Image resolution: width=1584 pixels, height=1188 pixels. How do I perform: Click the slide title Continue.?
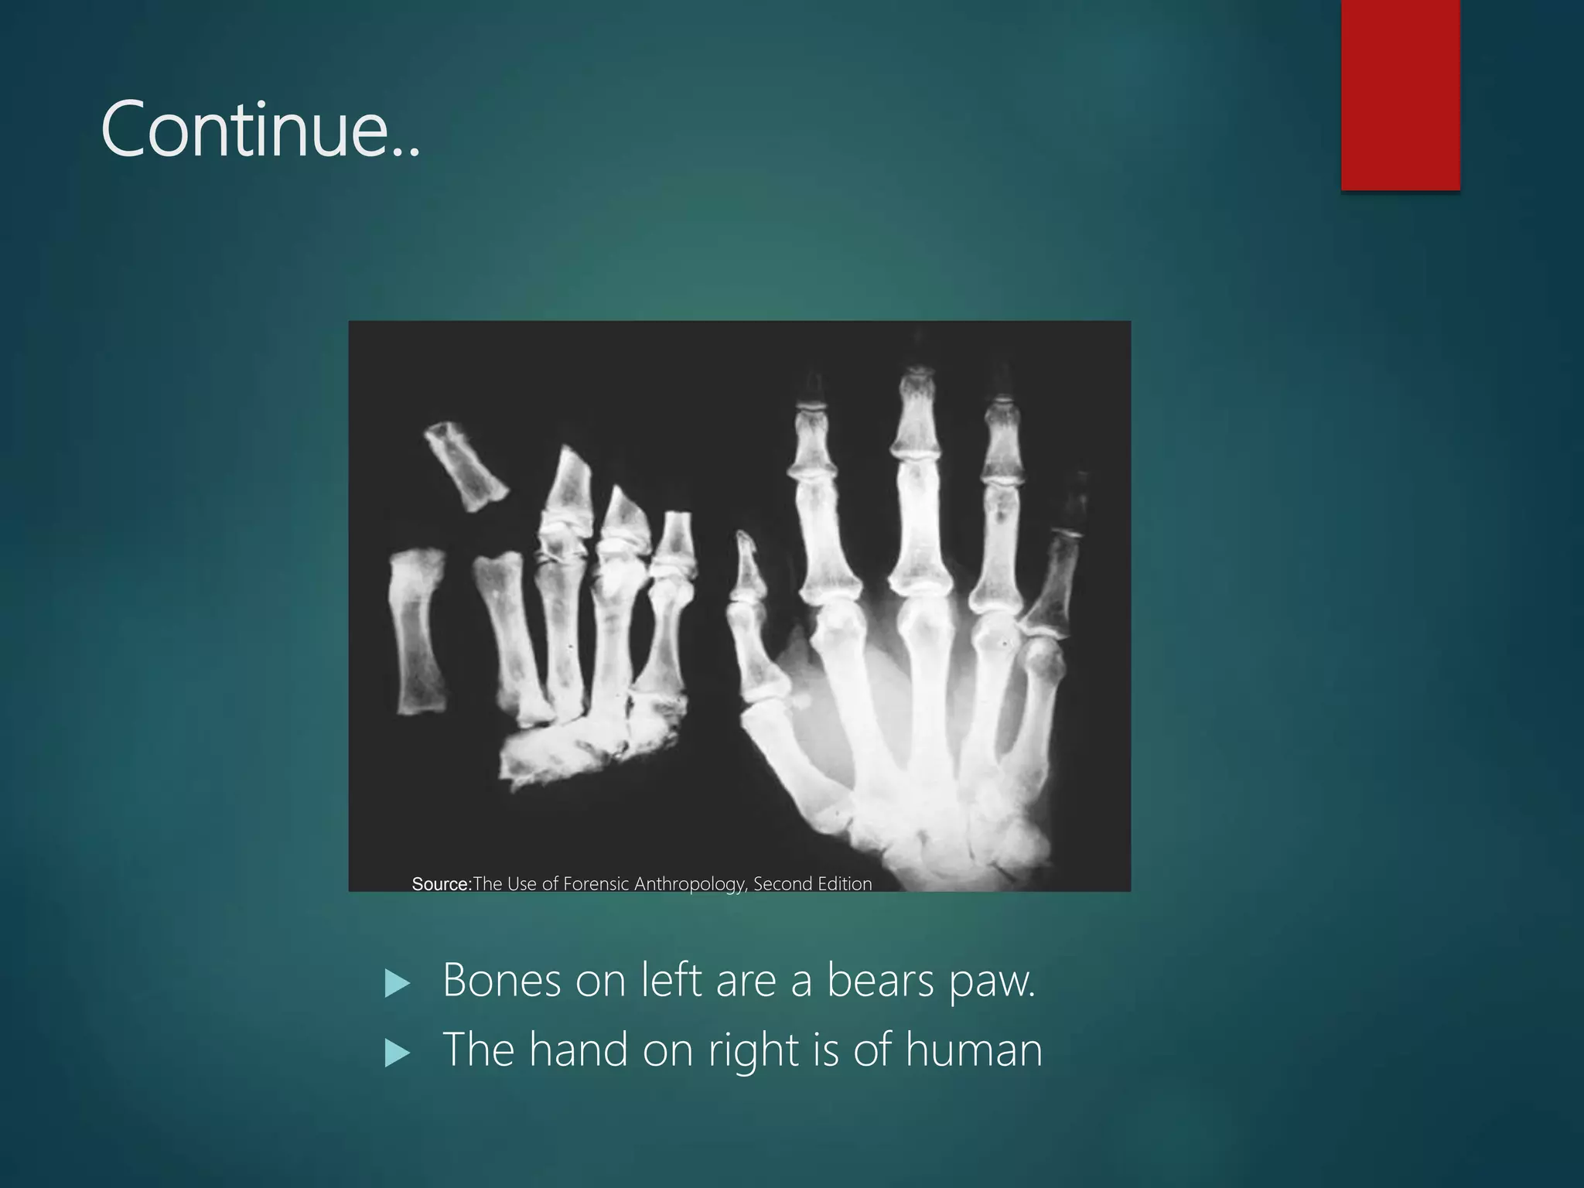(260, 130)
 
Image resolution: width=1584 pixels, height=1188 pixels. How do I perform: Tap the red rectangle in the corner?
(1400, 94)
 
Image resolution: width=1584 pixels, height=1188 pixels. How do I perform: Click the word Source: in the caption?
(442, 884)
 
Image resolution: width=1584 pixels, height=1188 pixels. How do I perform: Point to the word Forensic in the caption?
(596, 884)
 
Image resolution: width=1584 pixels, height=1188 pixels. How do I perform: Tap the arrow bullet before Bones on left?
(397, 983)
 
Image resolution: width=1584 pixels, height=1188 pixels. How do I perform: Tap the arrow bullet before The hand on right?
(397, 1053)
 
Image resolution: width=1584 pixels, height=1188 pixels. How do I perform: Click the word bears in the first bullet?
(880, 981)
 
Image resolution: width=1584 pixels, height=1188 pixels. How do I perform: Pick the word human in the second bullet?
(974, 1050)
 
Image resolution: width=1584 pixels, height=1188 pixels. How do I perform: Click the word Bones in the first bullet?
(501, 981)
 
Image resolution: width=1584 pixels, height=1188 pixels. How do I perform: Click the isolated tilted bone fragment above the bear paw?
(466, 466)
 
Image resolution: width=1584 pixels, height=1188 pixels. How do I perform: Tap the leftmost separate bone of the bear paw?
(418, 630)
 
